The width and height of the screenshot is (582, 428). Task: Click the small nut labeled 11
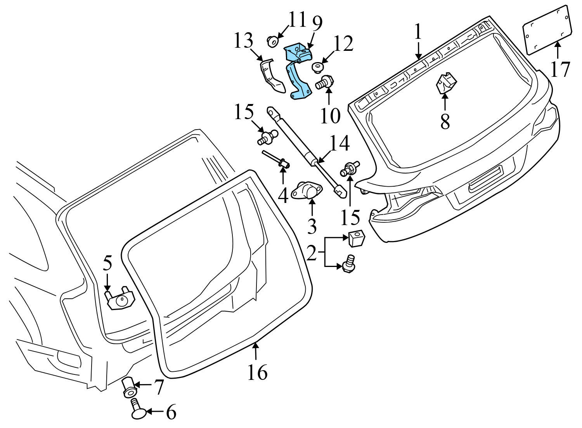(273, 40)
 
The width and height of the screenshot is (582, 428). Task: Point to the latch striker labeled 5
(120, 299)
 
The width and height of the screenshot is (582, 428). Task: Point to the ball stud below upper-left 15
(267, 137)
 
